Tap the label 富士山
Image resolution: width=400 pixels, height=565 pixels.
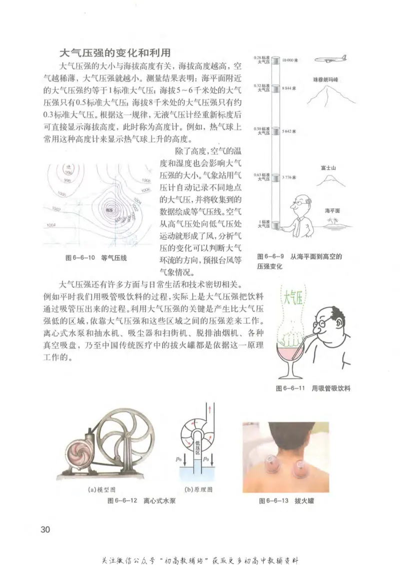[328, 168]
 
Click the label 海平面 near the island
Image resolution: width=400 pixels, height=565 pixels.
[332, 211]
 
